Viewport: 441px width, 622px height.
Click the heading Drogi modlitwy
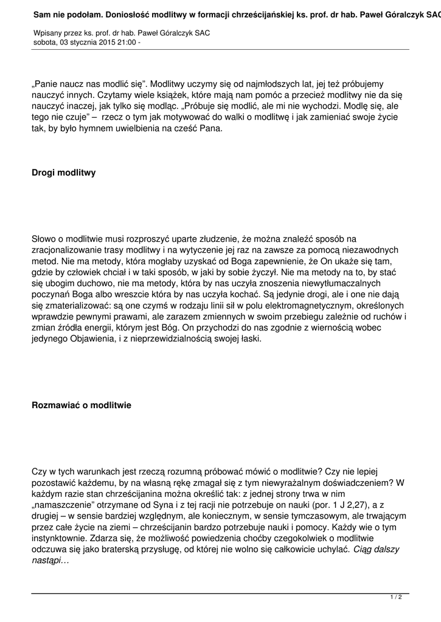click(63, 173)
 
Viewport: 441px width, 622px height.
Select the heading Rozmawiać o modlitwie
click(81, 405)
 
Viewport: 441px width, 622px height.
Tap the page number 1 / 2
click(396, 598)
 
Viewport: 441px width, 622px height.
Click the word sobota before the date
click(44, 43)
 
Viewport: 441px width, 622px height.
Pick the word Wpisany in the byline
click(46, 33)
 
